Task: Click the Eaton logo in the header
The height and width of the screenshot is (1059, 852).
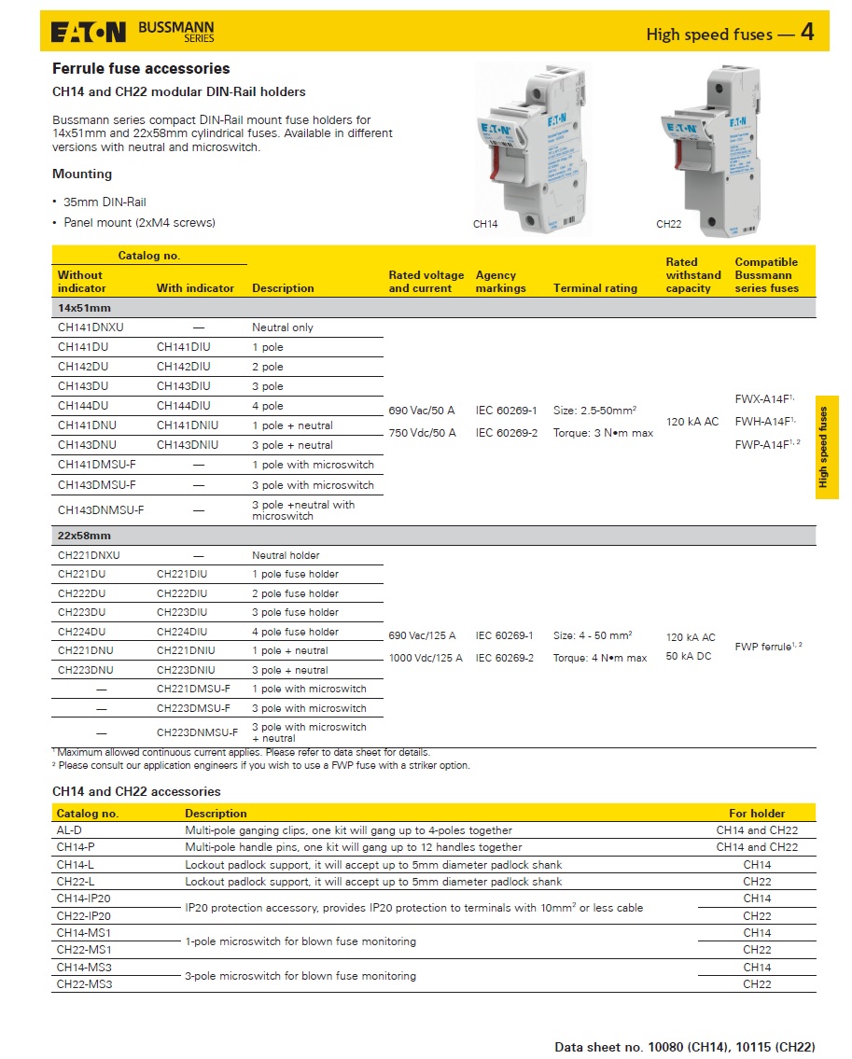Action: coord(89,33)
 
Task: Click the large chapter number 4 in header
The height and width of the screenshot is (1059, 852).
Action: coord(807,33)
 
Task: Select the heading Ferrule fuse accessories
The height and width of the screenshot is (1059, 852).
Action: coord(141,68)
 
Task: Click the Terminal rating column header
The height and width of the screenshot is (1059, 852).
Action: coord(595,288)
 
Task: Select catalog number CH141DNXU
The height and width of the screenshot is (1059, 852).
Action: coord(91,327)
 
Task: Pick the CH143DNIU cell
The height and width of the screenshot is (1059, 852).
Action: coord(188,445)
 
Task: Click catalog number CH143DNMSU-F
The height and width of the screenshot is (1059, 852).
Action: coord(101,510)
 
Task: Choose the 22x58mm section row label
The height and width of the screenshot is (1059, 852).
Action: coord(84,536)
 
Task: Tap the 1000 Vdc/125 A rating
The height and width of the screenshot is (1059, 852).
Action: coord(426,658)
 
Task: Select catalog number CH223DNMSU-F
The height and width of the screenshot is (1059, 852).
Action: coord(197,732)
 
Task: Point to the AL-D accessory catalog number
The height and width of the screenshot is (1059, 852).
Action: coord(70,829)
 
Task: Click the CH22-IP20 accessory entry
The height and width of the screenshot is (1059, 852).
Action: coord(84,915)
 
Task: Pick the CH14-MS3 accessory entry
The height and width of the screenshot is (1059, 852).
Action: coord(84,967)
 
